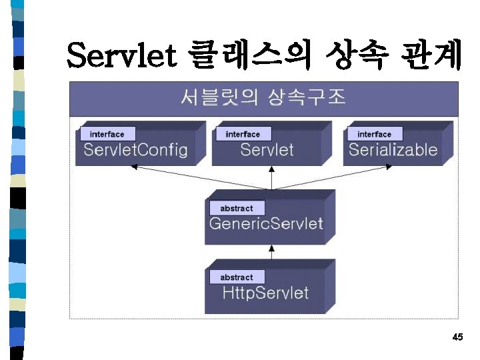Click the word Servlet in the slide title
[x=122, y=56]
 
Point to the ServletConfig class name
[x=135, y=149]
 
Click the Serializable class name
[x=393, y=149]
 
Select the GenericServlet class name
[x=265, y=223]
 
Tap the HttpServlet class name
[x=265, y=292]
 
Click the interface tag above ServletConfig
[x=107, y=134]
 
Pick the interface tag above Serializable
[x=374, y=134]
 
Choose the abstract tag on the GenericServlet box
[x=237, y=208]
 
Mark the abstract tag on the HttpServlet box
[x=237, y=277]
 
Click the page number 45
[x=457, y=337]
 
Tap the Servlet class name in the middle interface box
[x=267, y=149]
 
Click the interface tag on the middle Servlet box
[x=243, y=134]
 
